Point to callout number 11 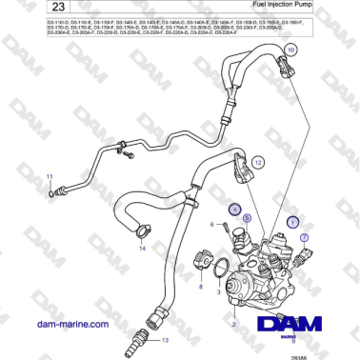click(51, 178)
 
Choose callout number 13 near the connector click(161, 339)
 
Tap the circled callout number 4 click(232, 208)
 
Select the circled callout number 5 click(245, 218)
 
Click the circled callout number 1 click(291, 219)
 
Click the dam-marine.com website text click(70, 324)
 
